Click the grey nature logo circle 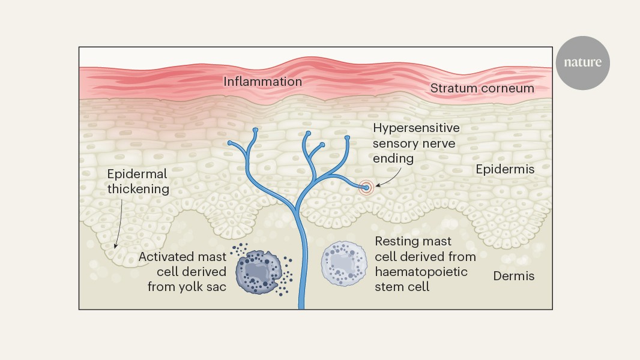click(582, 62)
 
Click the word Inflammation click(262, 81)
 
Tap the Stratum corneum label click(482, 88)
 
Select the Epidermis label click(505, 169)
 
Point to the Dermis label click(513, 276)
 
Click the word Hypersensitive click(416, 128)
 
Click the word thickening click(138, 188)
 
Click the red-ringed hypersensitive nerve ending click(366, 188)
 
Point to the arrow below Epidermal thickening click(119, 222)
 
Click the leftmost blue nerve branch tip click(231, 143)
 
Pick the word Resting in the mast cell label click(397, 242)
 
